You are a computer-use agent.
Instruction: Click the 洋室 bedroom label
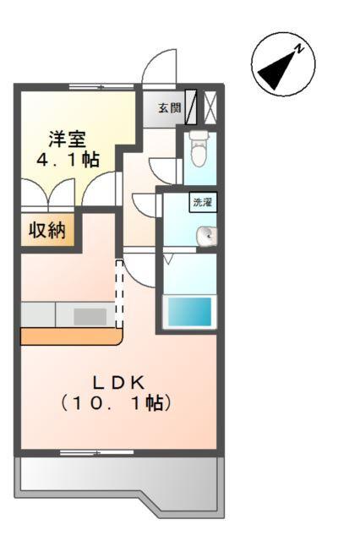(x=64, y=139)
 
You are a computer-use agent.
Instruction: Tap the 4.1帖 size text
(x=66, y=160)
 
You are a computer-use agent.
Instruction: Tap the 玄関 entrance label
(x=168, y=107)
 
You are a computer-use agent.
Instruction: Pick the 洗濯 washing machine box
(x=203, y=202)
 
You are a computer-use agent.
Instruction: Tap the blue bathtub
(x=188, y=312)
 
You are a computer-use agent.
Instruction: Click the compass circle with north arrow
(x=282, y=64)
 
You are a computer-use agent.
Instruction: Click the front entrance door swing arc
(x=160, y=68)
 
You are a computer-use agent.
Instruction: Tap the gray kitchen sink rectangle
(x=90, y=315)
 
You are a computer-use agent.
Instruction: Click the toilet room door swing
(x=165, y=169)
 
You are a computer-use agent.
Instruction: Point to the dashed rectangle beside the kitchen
(x=119, y=292)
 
